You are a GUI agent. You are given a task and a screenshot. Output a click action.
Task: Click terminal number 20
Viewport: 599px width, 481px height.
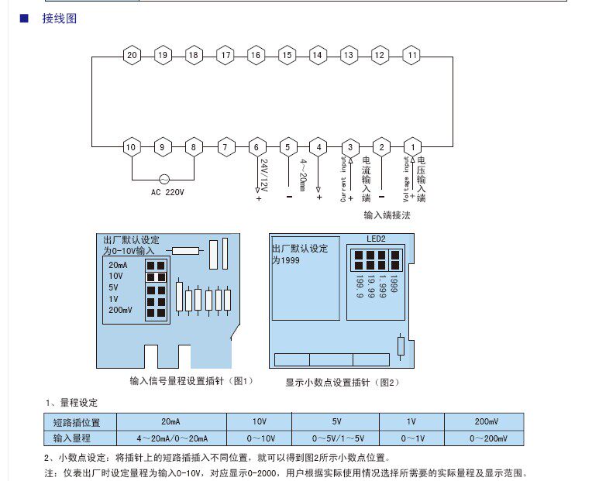click(x=132, y=56)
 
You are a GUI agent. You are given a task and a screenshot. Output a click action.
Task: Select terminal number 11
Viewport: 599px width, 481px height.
click(x=412, y=56)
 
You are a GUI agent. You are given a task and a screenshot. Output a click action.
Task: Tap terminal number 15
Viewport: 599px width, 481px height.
click(x=287, y=56)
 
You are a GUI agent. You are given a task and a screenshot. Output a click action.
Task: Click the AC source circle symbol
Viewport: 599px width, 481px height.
click(x=164, y=178)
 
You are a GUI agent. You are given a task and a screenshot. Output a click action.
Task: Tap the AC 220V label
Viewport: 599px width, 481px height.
click(x=167, y=192)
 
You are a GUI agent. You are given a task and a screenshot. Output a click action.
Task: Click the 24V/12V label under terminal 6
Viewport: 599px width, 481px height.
click(x=263, y=177)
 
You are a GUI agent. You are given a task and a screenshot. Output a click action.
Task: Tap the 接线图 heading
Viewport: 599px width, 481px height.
click(x=60, y=18)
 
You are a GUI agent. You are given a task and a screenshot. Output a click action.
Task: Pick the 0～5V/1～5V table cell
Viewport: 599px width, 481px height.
click(x=336, y=438)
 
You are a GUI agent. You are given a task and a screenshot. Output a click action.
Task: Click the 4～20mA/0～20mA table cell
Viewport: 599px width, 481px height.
click(x=171, y=438)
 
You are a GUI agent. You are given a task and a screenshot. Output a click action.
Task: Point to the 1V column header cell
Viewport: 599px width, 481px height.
click(x=411, y=422)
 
